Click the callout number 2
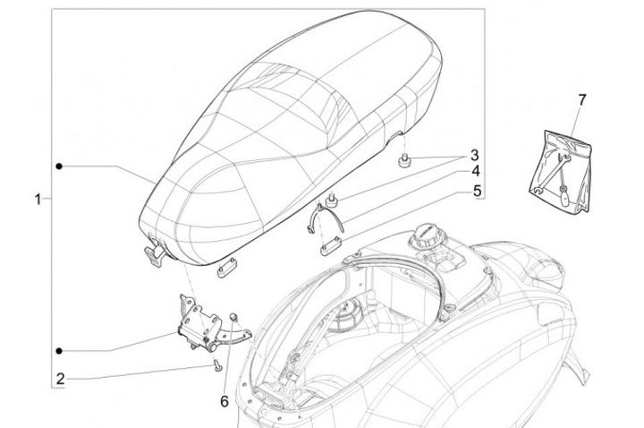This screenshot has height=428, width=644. tap(61, 380)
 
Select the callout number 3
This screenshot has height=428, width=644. tap(475, 155)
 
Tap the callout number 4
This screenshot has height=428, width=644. tap(475, 171)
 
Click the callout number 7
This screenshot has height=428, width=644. tap(581, 99)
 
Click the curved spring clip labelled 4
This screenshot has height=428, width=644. tap(325, 218)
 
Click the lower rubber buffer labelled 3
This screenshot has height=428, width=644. tap(330, 197)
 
